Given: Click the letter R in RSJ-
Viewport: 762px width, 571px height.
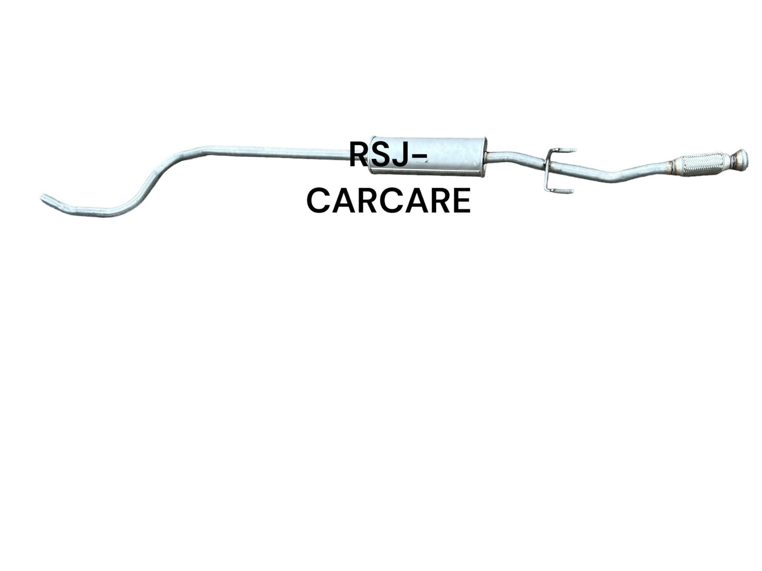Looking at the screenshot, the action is coord(360,154).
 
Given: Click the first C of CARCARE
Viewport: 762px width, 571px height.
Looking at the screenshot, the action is coord(318,201).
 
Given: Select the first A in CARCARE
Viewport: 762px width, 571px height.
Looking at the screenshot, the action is coord(342,201).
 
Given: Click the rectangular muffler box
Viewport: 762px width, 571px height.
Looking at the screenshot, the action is coord(428,156).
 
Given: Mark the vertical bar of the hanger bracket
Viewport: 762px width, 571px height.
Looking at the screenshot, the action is coord(547,170).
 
